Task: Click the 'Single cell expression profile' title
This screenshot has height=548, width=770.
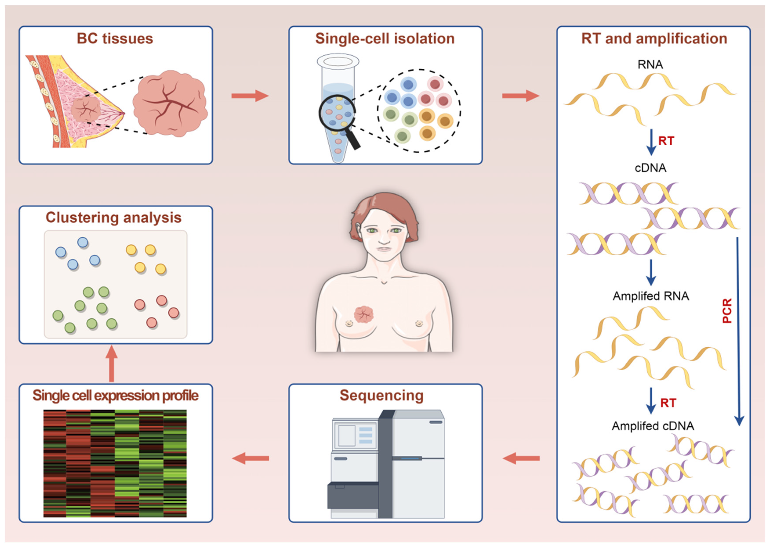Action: [x=116, y=395]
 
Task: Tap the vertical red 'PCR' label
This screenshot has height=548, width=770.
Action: [x=727, y=311]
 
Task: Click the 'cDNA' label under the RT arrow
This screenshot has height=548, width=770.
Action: [x=650, y=168]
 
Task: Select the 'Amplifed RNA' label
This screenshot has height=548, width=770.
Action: [x=651, y=296]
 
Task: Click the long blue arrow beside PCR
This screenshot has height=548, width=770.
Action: [x=738, y=331]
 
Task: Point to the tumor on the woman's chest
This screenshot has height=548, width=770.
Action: [x=364, y=314]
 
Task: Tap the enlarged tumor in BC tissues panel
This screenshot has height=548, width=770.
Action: [x=170, y=103]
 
